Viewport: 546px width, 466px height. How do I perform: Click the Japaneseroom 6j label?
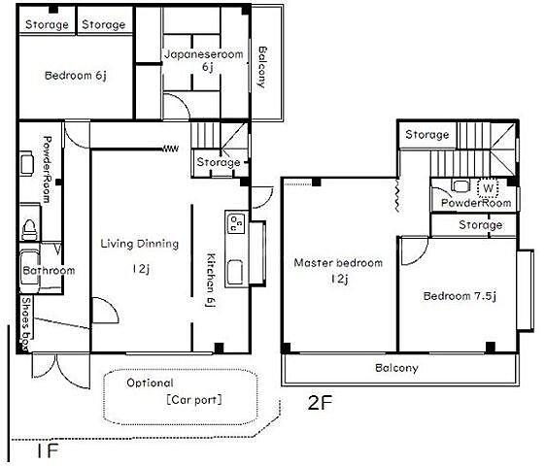[x=204, y=60]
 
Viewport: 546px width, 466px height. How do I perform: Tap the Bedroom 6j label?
[x=76, y=75]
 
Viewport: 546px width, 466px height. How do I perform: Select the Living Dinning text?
[x=140, y=244]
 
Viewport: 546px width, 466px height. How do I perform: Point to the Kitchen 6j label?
[x=211, y=281]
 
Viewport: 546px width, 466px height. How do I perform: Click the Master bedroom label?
[x=338, y=262]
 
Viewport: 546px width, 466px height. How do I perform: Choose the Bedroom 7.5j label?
[x=460, y=296]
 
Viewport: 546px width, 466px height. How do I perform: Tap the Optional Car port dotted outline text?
[x=174, y=391]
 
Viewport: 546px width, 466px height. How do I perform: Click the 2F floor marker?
[x=321, y=403]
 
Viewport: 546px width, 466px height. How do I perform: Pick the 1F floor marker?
[x=48, y=451]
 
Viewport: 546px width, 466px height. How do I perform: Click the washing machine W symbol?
[x=488, y=188]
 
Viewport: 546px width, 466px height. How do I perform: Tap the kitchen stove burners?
[x=236, y=223]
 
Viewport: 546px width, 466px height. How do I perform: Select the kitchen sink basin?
[x=235, y=272]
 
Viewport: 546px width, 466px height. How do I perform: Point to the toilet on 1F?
[x=29, y=229]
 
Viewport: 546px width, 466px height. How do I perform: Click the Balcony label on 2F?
[x=396, y=368]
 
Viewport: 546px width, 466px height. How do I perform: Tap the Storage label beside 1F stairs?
[x=219, y=162]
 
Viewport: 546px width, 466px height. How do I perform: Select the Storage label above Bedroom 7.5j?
[x=481, y=225]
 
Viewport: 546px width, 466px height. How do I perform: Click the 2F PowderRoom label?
[x=476, y=203]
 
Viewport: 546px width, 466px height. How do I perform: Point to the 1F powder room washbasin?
[x=26, y=163]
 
